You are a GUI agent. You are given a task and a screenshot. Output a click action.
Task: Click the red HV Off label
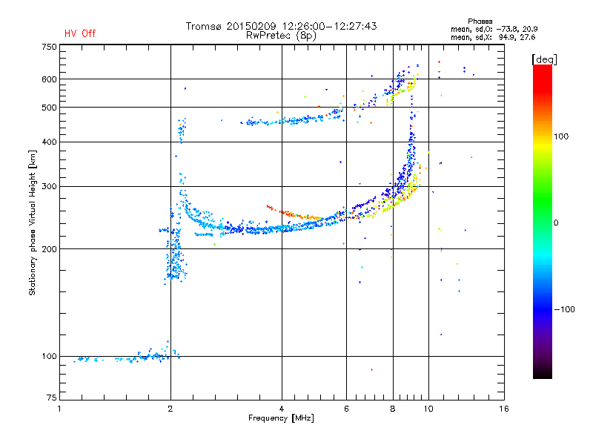click(79, 33)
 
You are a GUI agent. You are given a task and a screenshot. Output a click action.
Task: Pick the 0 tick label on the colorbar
click(557, 222)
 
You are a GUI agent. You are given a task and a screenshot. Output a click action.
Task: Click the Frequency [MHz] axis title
click(281, 418)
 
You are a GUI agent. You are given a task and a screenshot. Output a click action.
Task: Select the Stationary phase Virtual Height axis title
click(33, 222)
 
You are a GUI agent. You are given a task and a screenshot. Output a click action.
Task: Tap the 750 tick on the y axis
click(48, 47)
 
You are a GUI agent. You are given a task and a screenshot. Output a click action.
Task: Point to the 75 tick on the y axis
click(50, 400)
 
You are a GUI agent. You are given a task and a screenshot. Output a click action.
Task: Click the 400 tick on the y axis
click(48, 142)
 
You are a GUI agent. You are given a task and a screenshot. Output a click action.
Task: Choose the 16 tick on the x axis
click(504, 409)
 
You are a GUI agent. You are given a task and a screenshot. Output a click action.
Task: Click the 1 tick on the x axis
click(59, 409)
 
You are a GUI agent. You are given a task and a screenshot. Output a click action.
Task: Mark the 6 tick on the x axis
click(347, 409)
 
